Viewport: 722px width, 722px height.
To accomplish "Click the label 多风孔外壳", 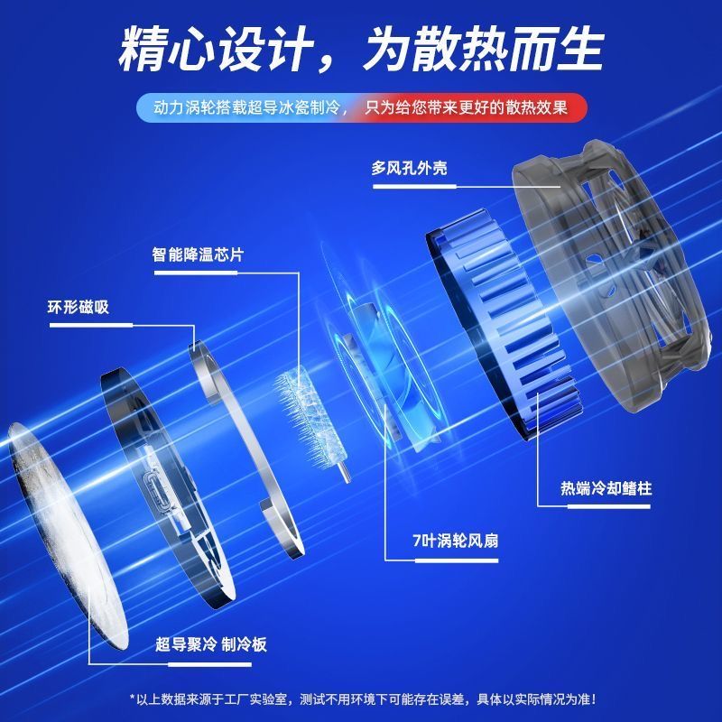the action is pos(409,168).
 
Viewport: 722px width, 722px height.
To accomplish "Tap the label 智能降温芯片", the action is pos(198,255).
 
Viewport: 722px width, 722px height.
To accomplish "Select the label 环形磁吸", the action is pos(79,307).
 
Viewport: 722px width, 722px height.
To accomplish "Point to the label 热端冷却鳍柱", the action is pos(606,488).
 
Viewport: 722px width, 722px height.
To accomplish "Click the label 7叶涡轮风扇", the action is pos(456,541).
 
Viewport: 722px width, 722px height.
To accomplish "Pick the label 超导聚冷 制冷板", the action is pos(211,644).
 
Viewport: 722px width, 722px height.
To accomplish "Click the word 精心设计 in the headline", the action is pos(217,50).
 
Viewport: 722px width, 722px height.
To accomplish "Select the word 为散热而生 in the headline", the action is pos(484,50).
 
